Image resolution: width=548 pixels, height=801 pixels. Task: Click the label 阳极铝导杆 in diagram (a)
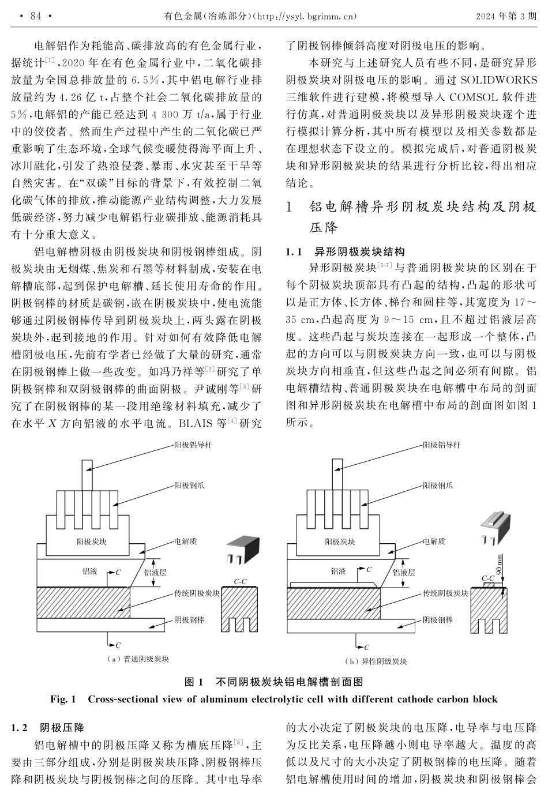pyautogui.click(x=193, y=445)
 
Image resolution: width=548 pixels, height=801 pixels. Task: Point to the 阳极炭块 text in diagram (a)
pyautogui.click(x=91, y=541)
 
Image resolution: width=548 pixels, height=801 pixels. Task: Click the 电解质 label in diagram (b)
pyautogui.click(x=434, y=541)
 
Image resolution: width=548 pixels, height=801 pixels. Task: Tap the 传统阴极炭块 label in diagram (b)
pyautogui.click(x=445, y=593)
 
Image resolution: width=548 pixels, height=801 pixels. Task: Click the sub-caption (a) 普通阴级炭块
pyautogui.click(x=138, y=659)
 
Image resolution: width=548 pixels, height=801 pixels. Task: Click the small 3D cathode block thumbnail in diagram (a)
pyautogui.click(x=237, y=550)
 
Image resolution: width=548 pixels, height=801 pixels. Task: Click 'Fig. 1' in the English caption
pyautogui.click(x=63, y=700)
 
